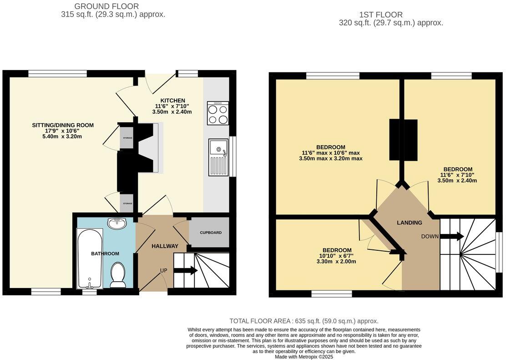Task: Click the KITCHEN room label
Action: point(172,101)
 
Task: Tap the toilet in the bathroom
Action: point(118,275)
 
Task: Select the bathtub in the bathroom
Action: point(90,259)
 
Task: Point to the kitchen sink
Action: point(218,157)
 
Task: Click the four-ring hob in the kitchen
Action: point(218,113)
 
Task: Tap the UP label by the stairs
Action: point(163,270)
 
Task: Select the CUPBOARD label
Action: point(211,233)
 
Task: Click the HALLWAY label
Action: point(165,246)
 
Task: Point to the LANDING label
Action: point(410,223)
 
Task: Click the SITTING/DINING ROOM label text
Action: point(63,125)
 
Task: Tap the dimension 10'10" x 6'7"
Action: point(337,256)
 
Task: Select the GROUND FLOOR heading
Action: point(106,6)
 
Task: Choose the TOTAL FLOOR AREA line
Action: point(304,321)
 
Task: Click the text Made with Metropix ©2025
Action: point(304,357)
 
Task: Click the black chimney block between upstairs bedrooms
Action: point(403,140)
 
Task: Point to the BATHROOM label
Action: point(105,254)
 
